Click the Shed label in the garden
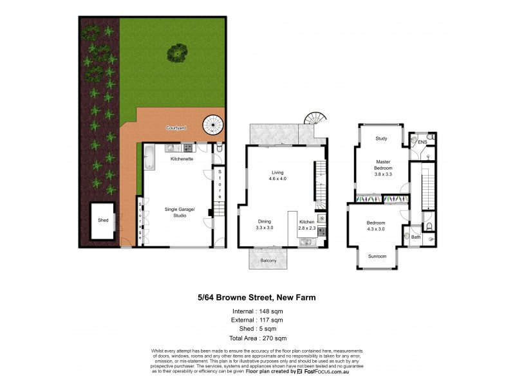[103, 220]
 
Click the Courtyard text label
[175, 128]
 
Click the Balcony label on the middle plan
[268, 260]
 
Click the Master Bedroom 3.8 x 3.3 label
[384, 167]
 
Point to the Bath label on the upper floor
[416, 237]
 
